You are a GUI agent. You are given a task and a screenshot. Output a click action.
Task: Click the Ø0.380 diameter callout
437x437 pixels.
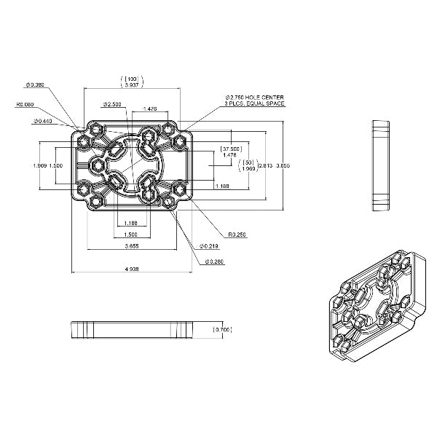pos(35,85)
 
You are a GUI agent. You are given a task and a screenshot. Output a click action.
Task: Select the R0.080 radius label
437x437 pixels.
pos(25,104)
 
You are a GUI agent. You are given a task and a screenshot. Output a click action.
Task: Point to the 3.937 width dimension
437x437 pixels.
pos(132,85)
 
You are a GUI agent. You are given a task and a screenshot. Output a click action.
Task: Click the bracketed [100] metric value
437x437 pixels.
pos(132,77)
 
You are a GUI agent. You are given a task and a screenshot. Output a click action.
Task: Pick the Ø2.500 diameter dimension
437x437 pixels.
pos(114,103)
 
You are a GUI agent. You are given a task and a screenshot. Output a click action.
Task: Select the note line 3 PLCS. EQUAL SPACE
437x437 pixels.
pos(254,103)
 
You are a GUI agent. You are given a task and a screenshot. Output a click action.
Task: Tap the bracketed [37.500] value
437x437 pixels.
pos(230,149)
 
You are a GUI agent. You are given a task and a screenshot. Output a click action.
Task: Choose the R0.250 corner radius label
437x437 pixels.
pos(237,235)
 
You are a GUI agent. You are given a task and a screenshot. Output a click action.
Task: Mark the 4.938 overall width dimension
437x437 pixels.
pos(131,269)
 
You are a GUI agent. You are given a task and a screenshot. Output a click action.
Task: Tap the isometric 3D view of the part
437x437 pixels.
pos(375,306)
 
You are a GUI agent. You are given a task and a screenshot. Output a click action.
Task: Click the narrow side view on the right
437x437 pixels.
pos(381,165)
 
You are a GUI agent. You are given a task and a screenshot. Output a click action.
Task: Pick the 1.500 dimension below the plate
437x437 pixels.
pos(131,235)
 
